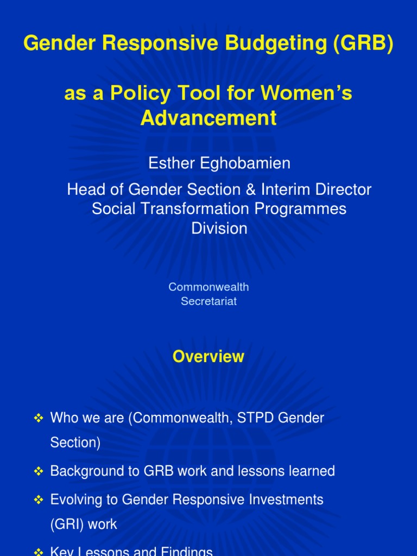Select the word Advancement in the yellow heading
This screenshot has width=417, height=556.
click(x=208, y=118)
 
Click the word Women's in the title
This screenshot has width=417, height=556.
click(x=307, y=93)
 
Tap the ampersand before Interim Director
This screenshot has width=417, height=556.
click(x=248, y=189)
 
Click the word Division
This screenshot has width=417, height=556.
click(x=219, y=228)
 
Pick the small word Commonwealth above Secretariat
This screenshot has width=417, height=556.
click(x=208, y=287)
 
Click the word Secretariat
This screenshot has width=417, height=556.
click(x=208, y=301)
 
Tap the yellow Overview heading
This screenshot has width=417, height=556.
click(x=208, y=357)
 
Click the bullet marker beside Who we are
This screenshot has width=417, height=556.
click(x=39, y=418)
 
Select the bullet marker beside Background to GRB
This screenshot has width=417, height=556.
click(x=39, y=471)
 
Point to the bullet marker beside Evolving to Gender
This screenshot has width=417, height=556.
click(x=39, y=500)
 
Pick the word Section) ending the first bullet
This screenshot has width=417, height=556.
click(x=75, y=443)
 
